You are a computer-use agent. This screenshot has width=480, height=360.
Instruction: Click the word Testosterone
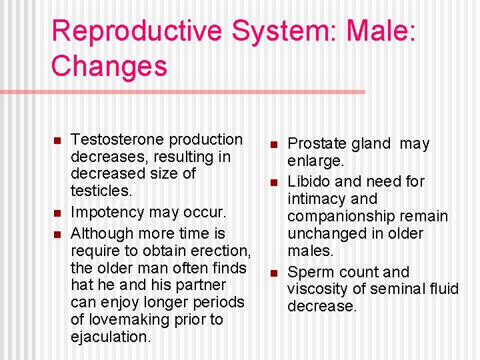pos(117,139)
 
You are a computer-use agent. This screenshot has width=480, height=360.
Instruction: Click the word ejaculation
pos(110,337)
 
